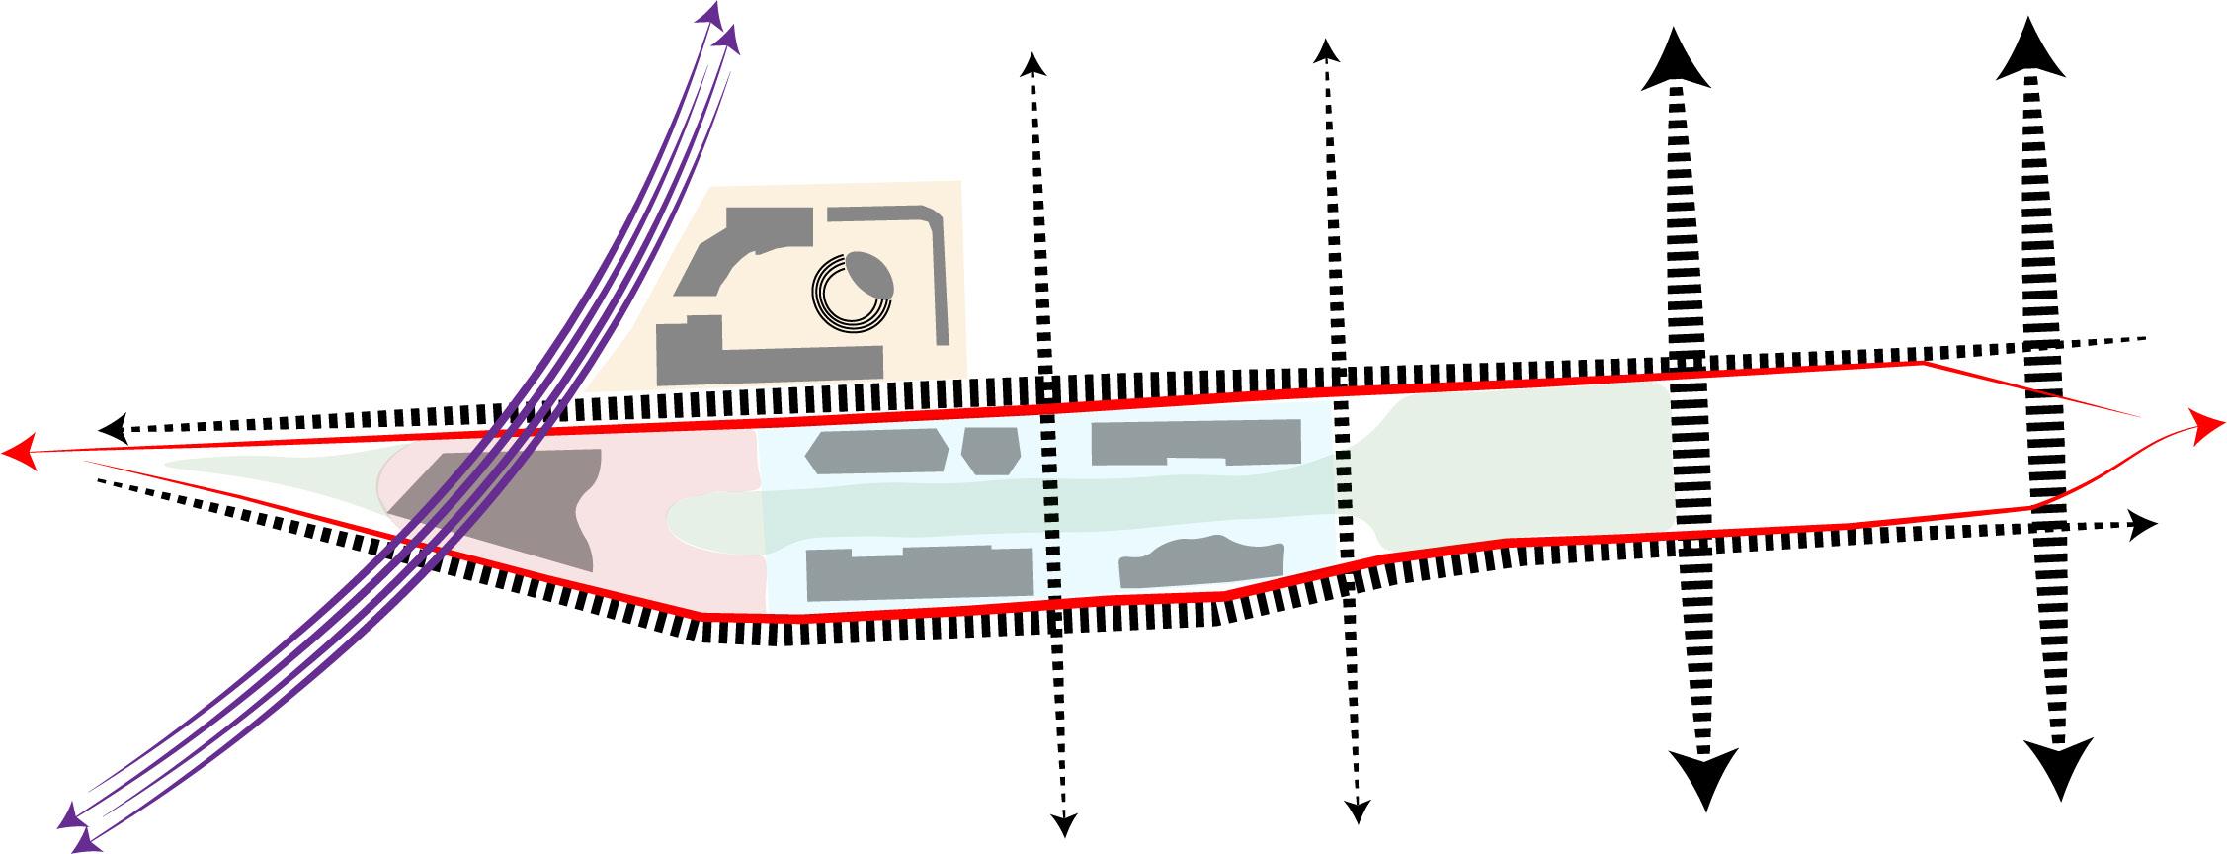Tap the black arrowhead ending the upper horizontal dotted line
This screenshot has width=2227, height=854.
point(114,429)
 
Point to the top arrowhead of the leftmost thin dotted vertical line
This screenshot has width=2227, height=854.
point(1032,65)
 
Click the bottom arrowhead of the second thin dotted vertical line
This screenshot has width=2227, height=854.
point(1359,811)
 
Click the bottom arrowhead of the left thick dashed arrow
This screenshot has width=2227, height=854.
point(1704,780)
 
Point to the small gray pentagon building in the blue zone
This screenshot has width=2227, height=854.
point(990,451)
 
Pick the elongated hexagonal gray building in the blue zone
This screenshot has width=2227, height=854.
point(870,451)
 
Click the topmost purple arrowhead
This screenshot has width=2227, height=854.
point(710,13)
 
